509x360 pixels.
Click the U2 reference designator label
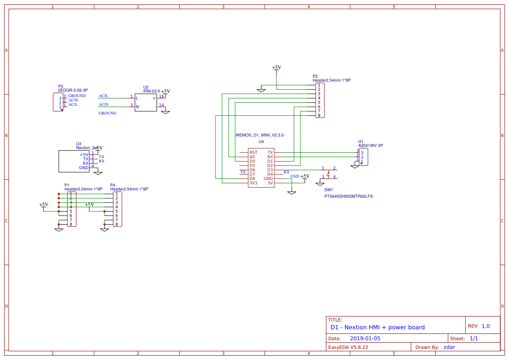(x=145, y=87)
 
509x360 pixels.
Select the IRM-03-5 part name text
(x=152, y=91)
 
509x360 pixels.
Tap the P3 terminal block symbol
(x=58, y=102)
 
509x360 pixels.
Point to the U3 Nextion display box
(x=74, y=161)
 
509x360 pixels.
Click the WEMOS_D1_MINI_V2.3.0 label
(x=260, y=135)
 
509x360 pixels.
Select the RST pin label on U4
(x=253, y=152)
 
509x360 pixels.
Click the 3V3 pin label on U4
(x=253, y=183)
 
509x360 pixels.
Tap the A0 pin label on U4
(x=252, y=157)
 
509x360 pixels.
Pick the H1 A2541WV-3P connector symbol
(x=363, y=157)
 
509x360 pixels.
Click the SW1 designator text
(x=328, y=190)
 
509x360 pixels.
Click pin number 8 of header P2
(x=319, y=115)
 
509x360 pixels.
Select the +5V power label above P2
(x=276, y=67)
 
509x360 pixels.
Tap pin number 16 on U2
(x=161, y=96)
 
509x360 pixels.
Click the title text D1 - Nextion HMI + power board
(x=377, y=327)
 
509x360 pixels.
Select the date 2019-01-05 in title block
(x=365, y=338)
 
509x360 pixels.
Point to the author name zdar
(x=450, y=347)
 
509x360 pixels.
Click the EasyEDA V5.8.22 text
(x=348, y=347)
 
